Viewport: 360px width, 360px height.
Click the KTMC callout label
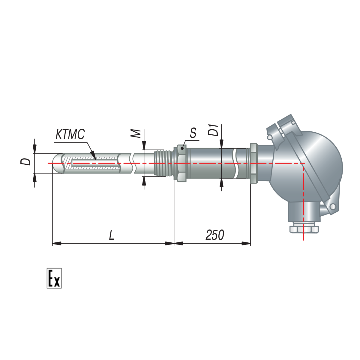[x=70, y=134]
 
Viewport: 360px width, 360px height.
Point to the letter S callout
[x=193, y=133]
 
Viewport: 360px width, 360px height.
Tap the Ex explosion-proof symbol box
[x=54, y=278]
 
